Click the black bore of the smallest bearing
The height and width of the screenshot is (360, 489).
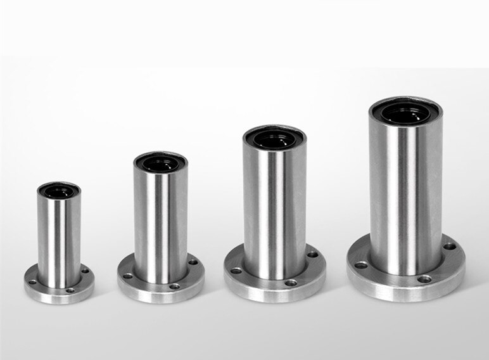point(59,189)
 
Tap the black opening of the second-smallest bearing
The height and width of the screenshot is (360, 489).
point(159,163)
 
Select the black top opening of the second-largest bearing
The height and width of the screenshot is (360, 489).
point(274,136)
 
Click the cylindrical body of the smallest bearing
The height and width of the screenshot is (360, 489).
point(59,235)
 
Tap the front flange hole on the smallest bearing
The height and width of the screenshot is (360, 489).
point(70,290)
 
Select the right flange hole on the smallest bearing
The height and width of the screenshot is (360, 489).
point(85,271)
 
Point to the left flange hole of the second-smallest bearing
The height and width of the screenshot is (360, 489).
point(127,276)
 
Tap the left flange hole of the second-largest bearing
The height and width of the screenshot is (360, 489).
point(236,271)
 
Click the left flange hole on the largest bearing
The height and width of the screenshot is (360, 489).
point(362,265)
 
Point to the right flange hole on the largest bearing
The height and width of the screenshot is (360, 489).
point(449,246)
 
